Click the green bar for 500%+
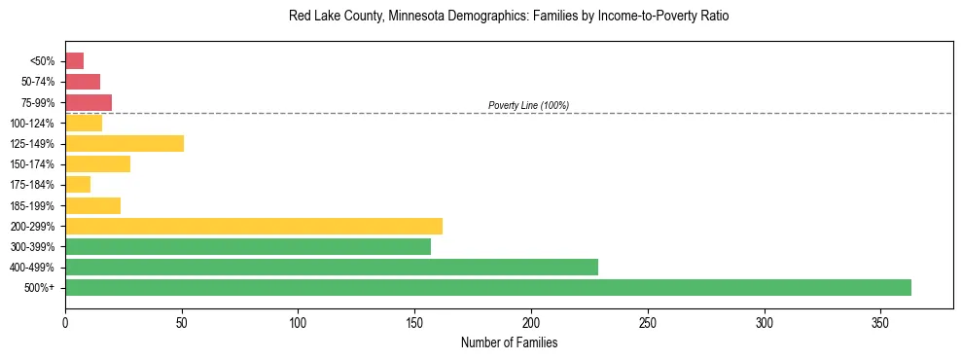pos(488,287)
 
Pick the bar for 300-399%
pos(248,246)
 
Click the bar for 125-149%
pos(125,144)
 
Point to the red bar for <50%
pos(74,61)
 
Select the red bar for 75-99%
pos(89,102)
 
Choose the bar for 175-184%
pos(78,185)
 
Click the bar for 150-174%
pos(97,164)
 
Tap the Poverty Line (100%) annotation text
pos(528,105)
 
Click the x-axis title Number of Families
pos(509,342)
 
